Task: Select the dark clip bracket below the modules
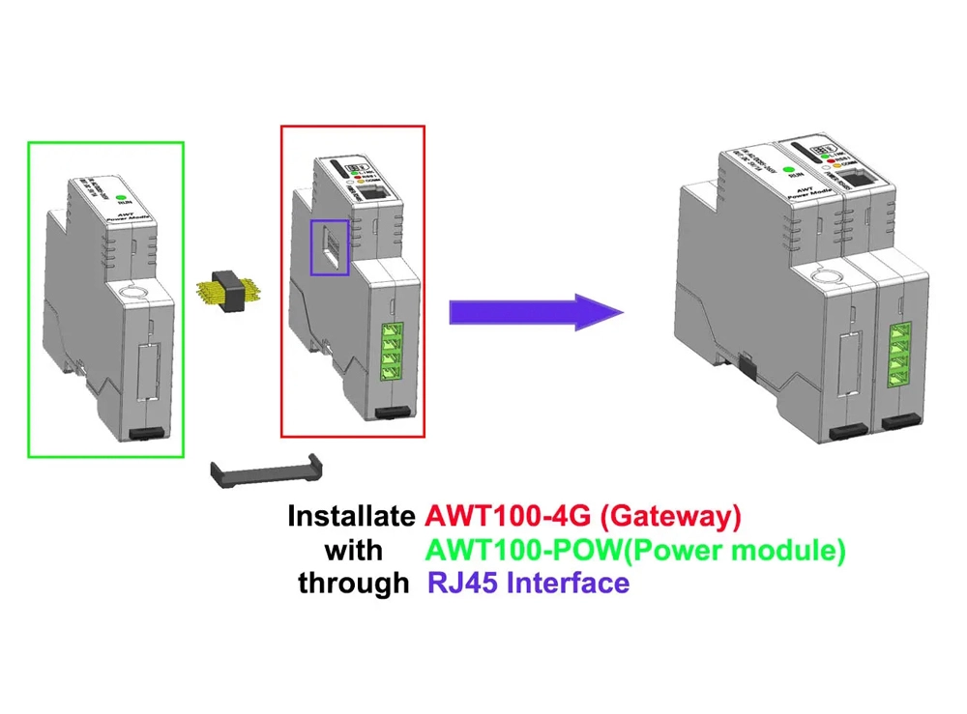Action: (266, 472)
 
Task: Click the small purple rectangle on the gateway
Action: (328, 245)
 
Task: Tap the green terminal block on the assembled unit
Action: (900, 354)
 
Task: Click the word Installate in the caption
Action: (350, 516)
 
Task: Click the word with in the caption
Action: (353, 550)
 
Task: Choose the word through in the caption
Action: (353, 583)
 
